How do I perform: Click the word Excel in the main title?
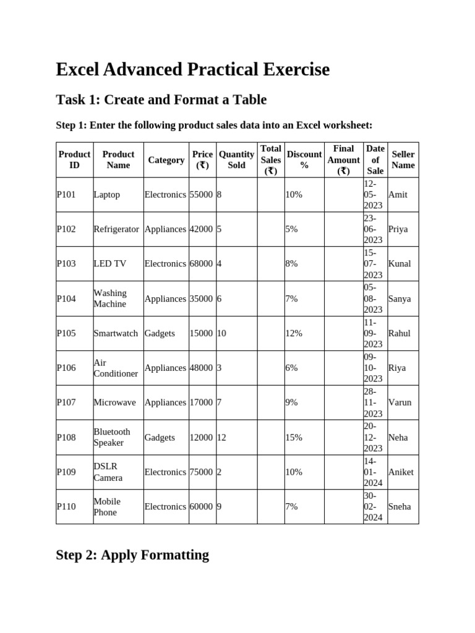pos(79,70)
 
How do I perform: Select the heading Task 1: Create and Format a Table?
pos(161,100)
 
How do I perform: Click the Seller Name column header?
pos(403,159)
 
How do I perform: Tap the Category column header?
pos(166,160)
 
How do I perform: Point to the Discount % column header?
pos(304,159)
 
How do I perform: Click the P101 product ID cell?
pos(66,195)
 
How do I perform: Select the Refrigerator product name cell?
pos(116,229)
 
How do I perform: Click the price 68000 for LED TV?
pos(201,264)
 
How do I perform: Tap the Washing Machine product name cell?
pos(110,299)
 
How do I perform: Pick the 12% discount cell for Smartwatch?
pos(294,333)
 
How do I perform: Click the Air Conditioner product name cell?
pos(115,368)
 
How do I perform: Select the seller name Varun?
pos(400,402)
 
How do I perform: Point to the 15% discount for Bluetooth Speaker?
pos(294,438)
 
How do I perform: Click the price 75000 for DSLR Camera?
pos(201,472)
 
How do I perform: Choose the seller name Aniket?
pos(401,472)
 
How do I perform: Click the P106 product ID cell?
pos(66,368)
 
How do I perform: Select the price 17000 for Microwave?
pos(201,402)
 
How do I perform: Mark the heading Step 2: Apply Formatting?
pos(132,555)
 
